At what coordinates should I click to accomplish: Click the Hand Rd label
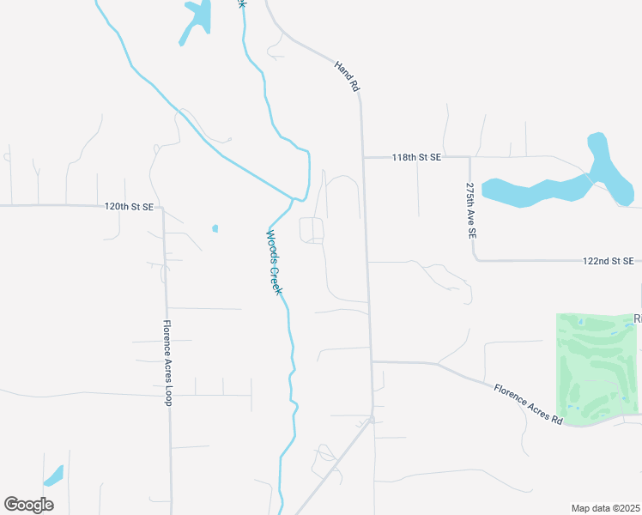pos(346,77)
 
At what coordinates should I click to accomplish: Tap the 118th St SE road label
pos(416,158)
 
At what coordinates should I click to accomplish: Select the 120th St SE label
pos(129,207)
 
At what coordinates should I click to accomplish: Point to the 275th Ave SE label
pos(470,209)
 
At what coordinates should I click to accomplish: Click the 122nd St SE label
pos(608,260)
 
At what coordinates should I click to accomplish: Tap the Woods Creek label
pos(273,263)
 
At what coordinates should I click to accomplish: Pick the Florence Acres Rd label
pos(527,404)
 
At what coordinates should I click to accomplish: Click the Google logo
pos(29,505)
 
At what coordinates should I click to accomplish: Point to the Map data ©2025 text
pos(605,508)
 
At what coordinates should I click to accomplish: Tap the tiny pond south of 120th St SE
pos(215,228)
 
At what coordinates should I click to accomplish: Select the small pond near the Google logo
pos(53,476)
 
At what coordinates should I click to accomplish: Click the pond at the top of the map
pos(197,21)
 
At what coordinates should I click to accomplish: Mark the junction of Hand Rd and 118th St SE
pos(362,158)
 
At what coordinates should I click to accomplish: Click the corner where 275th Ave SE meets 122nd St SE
pos(474,259)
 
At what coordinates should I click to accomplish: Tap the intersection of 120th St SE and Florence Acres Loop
pos(163,208)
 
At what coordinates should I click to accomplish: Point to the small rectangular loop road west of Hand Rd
pos(312,230)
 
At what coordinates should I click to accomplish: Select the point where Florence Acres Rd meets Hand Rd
pos(372,361)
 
